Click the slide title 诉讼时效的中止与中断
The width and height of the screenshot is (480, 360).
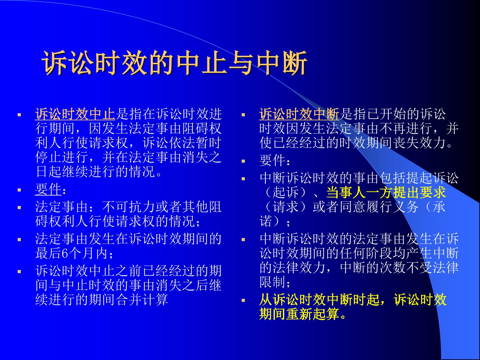click(174, 63)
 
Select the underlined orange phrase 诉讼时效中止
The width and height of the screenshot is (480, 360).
click(75, 114)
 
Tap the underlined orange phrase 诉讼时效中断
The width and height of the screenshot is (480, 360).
click(299, 114)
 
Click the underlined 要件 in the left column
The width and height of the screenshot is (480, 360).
click(48, 189)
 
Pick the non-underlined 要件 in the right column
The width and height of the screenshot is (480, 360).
click(272, 160)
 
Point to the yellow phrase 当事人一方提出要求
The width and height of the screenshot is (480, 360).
click(386, 192)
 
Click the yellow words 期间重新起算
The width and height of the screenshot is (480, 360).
click(299, 314)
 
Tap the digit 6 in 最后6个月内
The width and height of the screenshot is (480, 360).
click(65, 253)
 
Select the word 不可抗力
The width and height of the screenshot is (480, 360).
click(129, 207)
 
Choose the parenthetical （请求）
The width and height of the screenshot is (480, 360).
click(285, 207)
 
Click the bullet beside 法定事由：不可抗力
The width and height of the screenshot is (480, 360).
click(19, 207)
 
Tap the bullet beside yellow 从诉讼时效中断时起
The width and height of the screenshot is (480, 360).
click(243, 300)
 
